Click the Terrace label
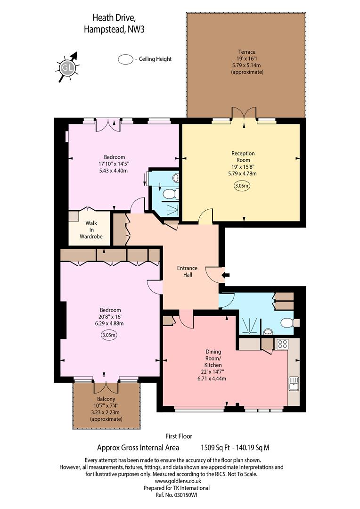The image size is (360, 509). (247, 52)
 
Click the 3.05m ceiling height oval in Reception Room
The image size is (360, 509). (243, 186)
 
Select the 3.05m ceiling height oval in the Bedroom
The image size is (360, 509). (109, 336)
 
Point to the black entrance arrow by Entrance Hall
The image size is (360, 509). (226, 275)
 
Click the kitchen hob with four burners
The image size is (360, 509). (282, 344)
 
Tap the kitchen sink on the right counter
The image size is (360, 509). (294, 384)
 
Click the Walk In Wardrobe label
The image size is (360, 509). (91, 230)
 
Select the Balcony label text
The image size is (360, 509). (106, 399)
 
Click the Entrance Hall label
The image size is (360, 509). (188, 271)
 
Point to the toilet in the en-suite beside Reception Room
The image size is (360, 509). (170, 194)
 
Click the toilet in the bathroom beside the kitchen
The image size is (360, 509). (288, 323)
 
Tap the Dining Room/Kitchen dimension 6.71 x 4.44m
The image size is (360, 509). (212, 378)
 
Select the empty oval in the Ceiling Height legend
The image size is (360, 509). (125, 59)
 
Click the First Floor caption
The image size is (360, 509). (179, 436)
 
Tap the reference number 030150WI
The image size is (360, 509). (186, 495)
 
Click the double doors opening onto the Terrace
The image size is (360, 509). (244, 114)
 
